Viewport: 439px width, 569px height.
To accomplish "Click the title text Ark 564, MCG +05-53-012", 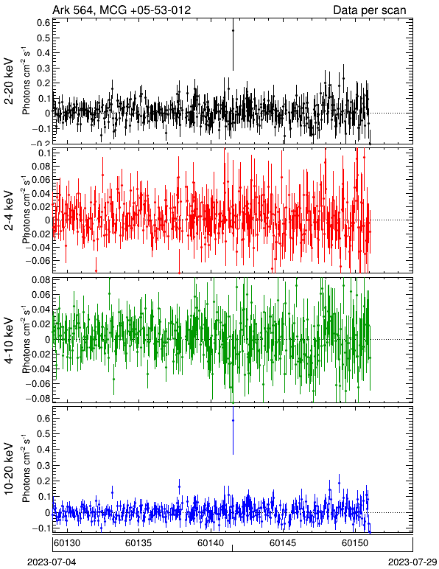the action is click(x=122, y=10).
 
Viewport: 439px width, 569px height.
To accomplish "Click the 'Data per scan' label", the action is click(x=370, y=10).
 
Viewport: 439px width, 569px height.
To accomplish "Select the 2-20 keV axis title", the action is click(x=9, y=81).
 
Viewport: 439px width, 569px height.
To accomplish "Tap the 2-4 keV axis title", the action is click(x=9, y=211).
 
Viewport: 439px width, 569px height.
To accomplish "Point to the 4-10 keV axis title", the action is click(x=9, y=341).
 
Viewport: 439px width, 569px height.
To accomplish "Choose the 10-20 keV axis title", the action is click(x=9, y=469).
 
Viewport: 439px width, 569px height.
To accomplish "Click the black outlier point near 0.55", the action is click(x=233, y=31).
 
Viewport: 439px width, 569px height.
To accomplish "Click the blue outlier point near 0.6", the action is click(x=233, y=421).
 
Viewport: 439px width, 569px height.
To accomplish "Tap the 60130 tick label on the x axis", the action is click(x=67, y=543).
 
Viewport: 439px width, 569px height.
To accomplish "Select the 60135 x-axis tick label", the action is click(x=138, y=543).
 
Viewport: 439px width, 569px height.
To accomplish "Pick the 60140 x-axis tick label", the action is click(x=211, y=543).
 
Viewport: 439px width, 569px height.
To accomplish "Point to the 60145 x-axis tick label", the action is click(x=283, y=543).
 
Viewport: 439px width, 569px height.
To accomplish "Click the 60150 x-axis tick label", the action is click(x=354, y=543).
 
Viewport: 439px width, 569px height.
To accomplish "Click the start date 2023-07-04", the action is click(x=52, y=562).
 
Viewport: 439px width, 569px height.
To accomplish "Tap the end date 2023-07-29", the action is click(x=412, y=562).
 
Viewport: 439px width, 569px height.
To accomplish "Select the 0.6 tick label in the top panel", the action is click(x=43, y=23).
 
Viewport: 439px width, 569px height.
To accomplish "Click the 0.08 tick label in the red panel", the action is click(x=41, y=167).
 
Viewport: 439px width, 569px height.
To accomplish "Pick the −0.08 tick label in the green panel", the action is click(x=38, y=399).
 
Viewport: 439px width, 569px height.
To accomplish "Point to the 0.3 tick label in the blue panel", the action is click(x=43, y=465).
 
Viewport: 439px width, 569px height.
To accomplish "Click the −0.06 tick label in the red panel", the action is click(x=38, y=261).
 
